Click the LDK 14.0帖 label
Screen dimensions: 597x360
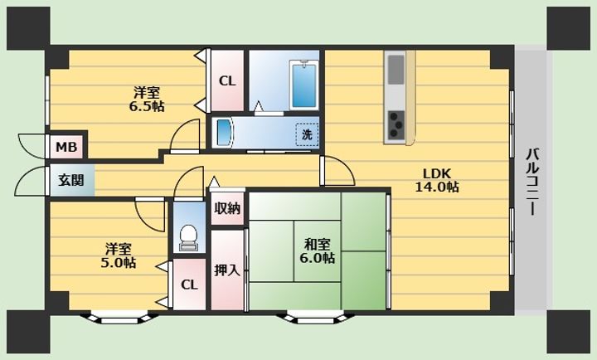coord(437,180)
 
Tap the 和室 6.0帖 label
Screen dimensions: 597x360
coord(317,251)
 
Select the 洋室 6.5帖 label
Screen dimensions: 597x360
coord(147,99)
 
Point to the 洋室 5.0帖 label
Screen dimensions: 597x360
coord(119,255)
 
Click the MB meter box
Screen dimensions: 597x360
coord(66,147)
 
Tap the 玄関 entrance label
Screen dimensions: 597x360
coord(70,180)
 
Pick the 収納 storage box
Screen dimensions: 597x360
coord(227,208)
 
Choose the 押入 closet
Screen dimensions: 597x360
coord(227,270)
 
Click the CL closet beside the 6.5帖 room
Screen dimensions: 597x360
coord(227,80)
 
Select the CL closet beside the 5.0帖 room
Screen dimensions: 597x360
coord(189,285)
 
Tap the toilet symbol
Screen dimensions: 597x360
coord(188,238)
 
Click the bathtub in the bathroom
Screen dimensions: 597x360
coord(303,85)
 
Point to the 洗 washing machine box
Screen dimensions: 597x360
coord(307,134)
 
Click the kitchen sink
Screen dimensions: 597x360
coord(396,70)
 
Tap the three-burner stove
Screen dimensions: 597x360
coord(396,124)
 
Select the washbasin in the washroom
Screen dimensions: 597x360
coord(223,132)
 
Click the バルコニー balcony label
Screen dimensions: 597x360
coord(531,182)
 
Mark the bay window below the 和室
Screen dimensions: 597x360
coord(316,318)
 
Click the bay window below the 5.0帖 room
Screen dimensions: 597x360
coord(119,318)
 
